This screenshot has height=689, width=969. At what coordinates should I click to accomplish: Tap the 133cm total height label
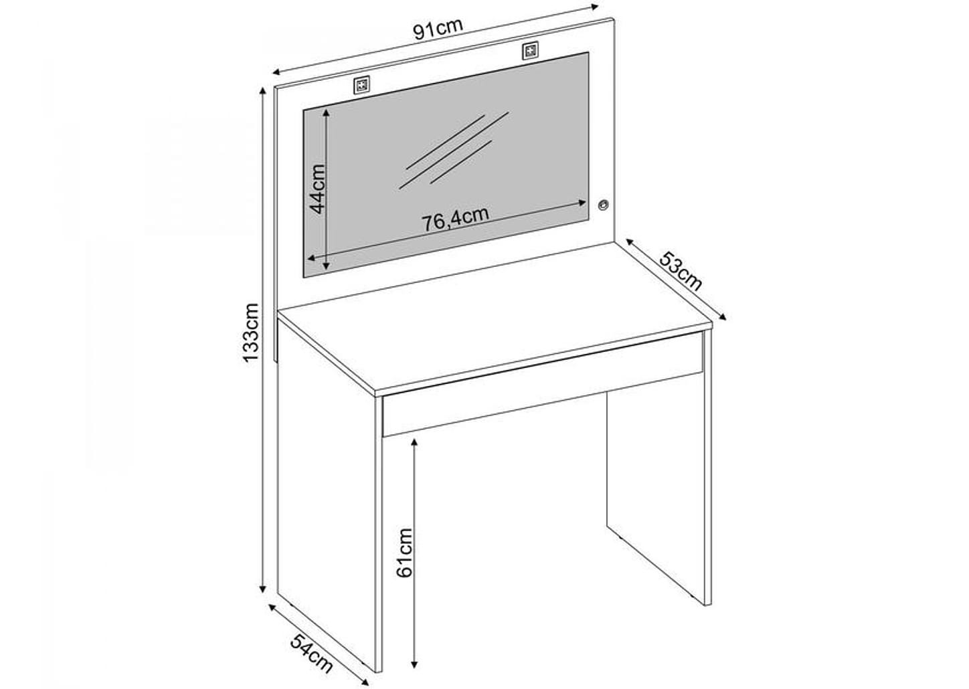click(x=251, y=332)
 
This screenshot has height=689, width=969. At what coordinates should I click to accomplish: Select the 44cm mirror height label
click(x=317, y=189)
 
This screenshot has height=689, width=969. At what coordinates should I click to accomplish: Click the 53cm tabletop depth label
click(x=680, y=271)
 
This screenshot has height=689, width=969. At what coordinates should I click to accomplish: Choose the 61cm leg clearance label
click(x=405, y=553)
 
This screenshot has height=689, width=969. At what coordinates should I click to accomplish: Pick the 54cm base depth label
click(x=311, y=654)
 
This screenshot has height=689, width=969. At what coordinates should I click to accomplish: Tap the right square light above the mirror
click(x=531, y=52)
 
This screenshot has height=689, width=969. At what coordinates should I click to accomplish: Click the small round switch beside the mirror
click(x=604, y=205)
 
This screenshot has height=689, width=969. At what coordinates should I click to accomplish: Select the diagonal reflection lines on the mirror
click(x=453, y=150)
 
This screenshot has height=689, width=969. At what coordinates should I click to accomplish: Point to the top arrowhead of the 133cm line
click(x=262, y=91)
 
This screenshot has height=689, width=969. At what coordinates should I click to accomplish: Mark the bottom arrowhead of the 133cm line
click(x=262, y=589)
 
